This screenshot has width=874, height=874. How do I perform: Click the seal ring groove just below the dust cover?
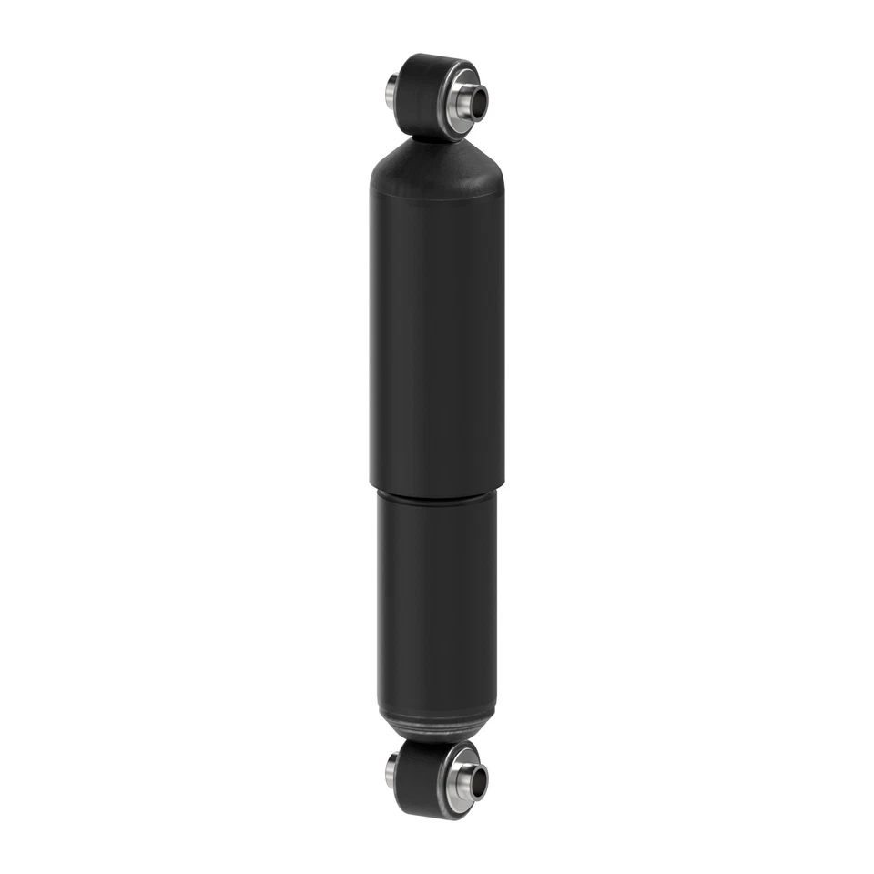click(x=437, y=496)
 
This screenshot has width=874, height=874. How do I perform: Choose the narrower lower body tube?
click(x=437, y=601)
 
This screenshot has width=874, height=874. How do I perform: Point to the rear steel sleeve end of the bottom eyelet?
click(x=391, y=773)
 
